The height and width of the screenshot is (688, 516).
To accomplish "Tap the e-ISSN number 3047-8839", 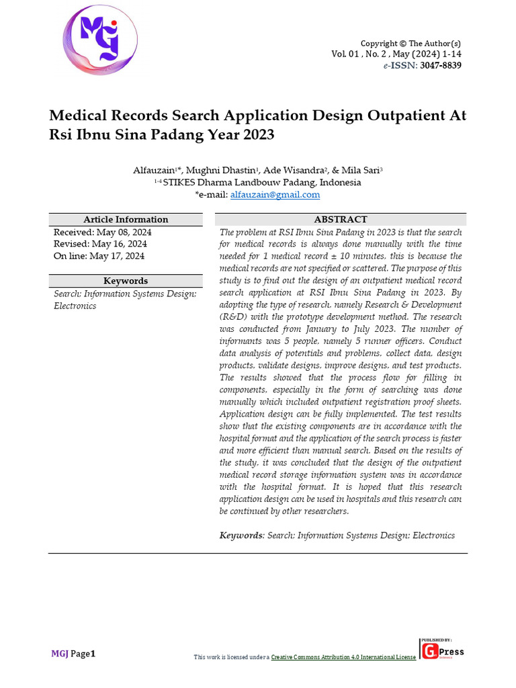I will tap(441, 65).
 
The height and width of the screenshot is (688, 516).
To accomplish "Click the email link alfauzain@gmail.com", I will tap(275, 195).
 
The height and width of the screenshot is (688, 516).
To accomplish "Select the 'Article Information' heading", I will tap(126, 220).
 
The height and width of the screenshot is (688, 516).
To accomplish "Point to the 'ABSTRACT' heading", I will tap(341, 220).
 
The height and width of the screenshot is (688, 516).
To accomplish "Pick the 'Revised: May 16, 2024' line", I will tap(100, 244).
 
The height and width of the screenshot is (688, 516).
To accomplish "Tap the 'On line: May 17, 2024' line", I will tap(99, 256).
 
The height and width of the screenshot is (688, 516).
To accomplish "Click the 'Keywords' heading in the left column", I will tap(126, 281).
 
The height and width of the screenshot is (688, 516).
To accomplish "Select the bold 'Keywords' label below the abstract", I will tap(241, 535).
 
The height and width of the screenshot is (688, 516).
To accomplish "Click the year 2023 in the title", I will tap(256, 134).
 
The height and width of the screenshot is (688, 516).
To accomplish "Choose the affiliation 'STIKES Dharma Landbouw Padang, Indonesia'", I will tap(262, 182).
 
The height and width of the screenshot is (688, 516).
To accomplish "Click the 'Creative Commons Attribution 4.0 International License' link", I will tap(343, 656).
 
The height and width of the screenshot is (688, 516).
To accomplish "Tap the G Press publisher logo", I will tap(442, 650).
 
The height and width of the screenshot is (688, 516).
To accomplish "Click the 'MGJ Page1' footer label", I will tap(74, 654).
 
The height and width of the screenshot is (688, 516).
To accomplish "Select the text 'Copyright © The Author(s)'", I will tap(411, 43).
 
